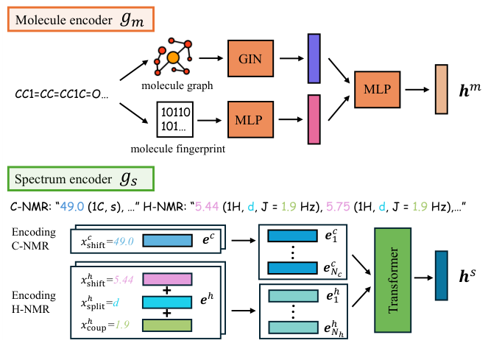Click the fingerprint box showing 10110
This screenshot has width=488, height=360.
178,121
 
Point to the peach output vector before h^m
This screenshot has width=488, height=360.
441,90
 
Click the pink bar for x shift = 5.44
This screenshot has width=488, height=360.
166,280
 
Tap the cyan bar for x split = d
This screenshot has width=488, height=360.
166,302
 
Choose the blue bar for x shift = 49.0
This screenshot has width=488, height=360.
166,240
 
